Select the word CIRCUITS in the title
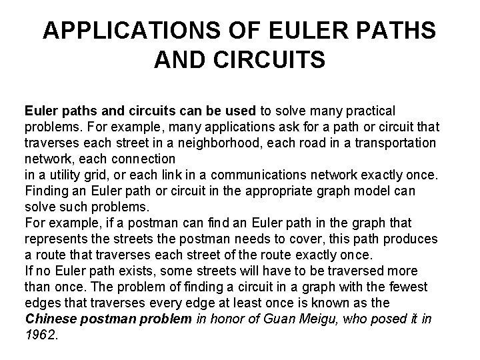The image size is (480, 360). (x=267, y=61)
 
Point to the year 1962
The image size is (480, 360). (x=41, y=335)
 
